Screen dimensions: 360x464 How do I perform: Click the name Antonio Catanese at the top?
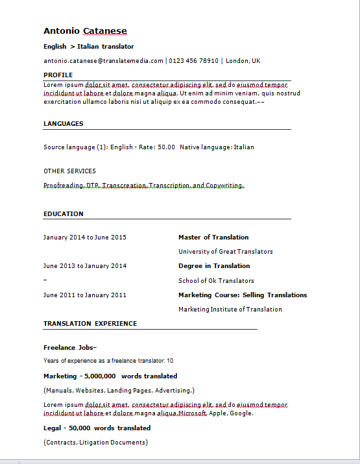[x=85, y=31]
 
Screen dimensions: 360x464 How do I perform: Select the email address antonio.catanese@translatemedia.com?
[x=103, y=60]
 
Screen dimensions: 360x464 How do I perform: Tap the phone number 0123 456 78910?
[x=194, y=60]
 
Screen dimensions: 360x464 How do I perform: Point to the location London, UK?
[x=243, y=60]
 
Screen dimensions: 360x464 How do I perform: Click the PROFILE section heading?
[x=58, y=75]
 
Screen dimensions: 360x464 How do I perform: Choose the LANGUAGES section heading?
[x=64, y=123]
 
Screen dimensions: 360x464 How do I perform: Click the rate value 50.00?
[x=166, y=147]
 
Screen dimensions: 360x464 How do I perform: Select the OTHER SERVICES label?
[x=69, y=171]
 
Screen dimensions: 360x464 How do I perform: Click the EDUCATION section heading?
[x=64, y=214]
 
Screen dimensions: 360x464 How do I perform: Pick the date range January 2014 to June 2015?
[x=85, y=238]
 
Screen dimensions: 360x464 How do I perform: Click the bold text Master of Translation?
[x=213, y=238]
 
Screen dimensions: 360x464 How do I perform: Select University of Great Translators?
[x=226, y=252]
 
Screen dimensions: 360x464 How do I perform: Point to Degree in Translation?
[x=214, y=266]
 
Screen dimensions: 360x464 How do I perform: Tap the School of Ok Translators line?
[x=216, y=281]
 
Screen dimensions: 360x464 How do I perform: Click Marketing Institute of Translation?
[x=230, y=310]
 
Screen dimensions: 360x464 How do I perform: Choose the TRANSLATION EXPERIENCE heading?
[x=90, y=323]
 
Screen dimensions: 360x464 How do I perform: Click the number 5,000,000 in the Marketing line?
[x=100, y=376]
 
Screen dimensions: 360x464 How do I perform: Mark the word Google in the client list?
[x=241, y=413]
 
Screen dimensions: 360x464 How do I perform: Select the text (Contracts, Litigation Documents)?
[x=95, y=443]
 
